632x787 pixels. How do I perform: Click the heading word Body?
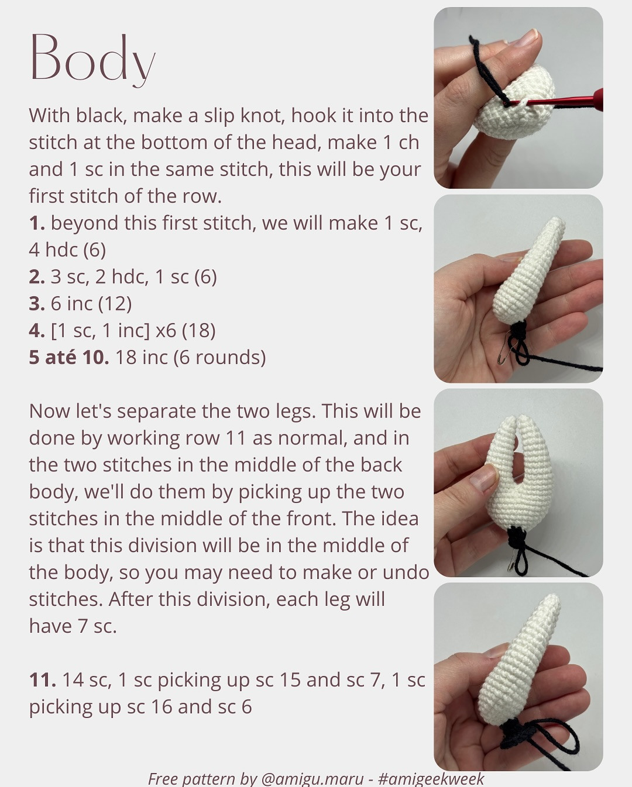click(x=92, y=58)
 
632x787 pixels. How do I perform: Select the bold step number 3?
click(x=36, y=304)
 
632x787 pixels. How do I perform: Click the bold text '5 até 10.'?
click(x=68, y=357)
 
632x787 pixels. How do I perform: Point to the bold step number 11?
click(x=42, y=680)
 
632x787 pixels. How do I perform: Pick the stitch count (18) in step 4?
click(x=198, y=331)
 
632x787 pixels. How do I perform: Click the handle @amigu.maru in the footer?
click(x=312, y=779)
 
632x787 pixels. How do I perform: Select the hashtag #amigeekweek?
click(x=431, y=779)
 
